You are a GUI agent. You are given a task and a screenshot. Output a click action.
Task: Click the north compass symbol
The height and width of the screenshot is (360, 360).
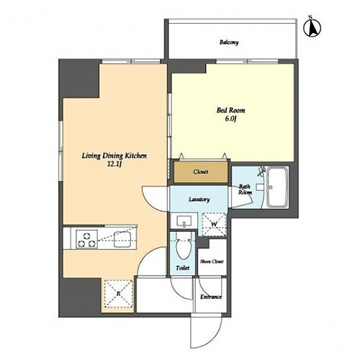click(x=312, y=27)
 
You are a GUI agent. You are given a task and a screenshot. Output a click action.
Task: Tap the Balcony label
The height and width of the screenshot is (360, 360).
click(x=229, y=42)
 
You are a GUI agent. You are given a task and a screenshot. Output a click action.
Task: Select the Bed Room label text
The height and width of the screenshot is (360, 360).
click(x=231, y=110)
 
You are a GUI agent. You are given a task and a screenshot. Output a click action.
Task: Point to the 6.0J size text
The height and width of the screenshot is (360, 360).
click(x=231, y=120)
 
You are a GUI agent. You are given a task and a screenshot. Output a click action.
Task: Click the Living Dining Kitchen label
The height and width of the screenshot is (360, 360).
click(x=114, y=156)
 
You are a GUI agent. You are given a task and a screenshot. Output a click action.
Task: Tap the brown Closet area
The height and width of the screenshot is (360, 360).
click(x=201, y=172)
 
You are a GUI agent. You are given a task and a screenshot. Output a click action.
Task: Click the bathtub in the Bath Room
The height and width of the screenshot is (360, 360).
click(x=278, y=187)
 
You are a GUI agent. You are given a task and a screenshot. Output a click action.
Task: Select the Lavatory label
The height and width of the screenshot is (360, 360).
click(x=199, y=199)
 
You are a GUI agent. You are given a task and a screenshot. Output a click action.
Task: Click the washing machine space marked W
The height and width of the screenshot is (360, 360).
click(x=215, y=225)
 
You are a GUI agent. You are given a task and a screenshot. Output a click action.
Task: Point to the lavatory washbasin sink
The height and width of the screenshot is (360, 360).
click(x=184, y=221)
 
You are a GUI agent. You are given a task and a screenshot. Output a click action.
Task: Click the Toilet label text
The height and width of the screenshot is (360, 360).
click(x=183, y=268)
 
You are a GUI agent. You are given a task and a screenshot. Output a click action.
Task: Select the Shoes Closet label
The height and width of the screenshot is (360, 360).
click(x=212, y=261)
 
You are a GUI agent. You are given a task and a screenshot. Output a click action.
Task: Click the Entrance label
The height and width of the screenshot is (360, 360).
click(x=211, y=297)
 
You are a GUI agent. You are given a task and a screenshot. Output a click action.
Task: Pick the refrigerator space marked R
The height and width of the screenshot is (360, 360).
click(x=119, y=294)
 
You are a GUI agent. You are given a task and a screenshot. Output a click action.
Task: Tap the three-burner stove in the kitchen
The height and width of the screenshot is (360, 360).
click(x=87, y=239)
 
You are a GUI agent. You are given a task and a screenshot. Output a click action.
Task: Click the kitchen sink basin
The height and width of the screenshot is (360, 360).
click(x=122, y=239)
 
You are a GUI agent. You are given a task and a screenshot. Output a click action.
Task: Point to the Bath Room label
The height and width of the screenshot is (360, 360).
click(x=245, y=189)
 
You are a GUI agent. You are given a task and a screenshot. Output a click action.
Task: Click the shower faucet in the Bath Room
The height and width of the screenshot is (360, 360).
click(x=261, y=171)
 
